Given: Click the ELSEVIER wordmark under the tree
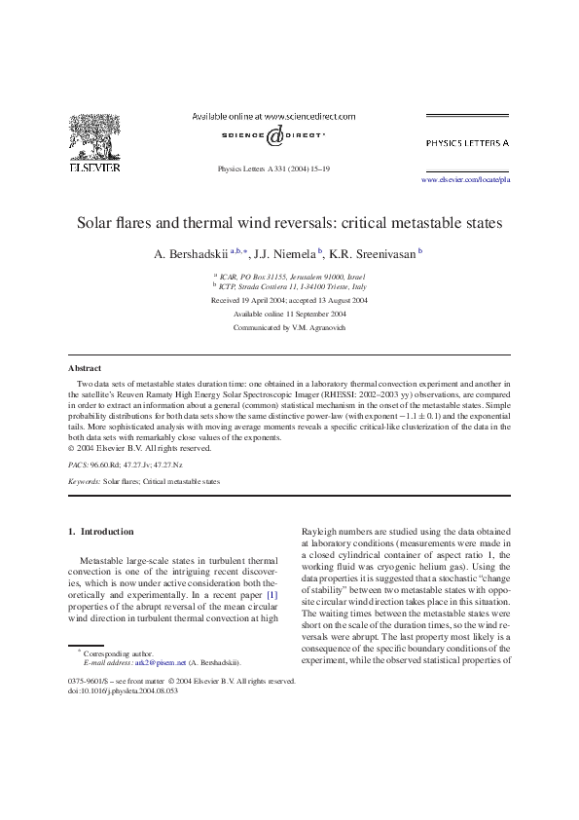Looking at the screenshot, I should (93, 168).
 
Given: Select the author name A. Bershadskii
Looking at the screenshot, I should (191, 254).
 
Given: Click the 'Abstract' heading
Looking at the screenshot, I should (84, 369).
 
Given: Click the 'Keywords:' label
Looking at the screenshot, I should (84, 481).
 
